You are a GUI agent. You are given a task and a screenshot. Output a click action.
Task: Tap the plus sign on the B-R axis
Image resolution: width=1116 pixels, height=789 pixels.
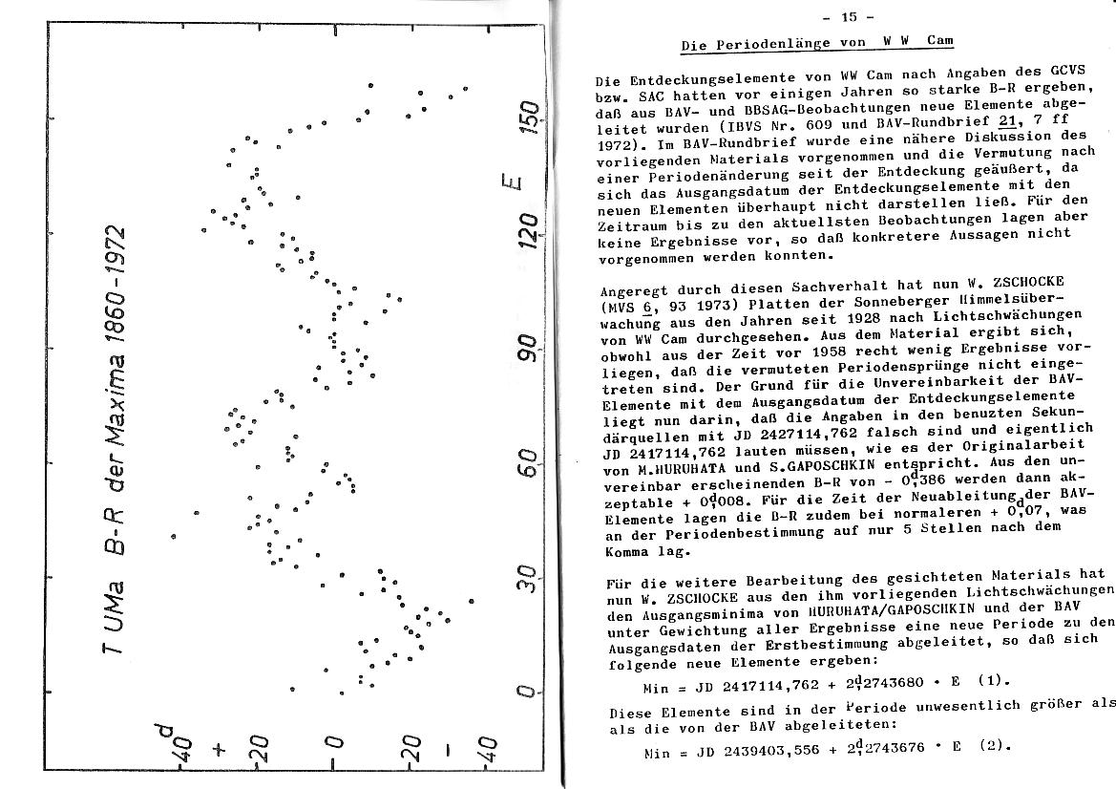point(221,748)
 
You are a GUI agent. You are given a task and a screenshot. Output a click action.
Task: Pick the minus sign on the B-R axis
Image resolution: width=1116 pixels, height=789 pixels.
point(447,748)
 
